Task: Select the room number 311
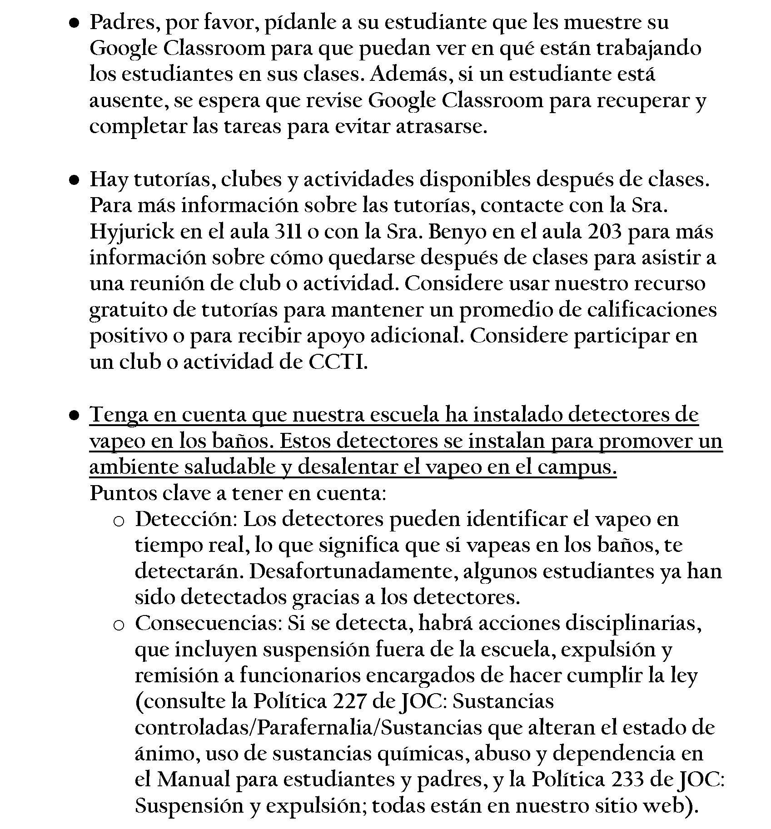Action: (289, 231)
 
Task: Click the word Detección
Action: (186, 519)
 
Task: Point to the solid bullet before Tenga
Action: (75, 416)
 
